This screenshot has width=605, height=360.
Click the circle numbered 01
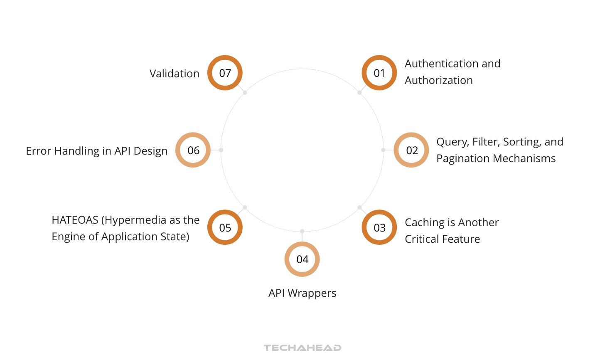(x=379, y=73)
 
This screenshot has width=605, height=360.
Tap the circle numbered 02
(x=411, y=150)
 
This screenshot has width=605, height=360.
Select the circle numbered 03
(x=379, y=227)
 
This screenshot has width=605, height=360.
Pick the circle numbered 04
(x=302, y=259)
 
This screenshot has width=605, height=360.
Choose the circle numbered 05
(x=225, y=227)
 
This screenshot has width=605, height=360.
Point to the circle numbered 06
(x=193, y=150)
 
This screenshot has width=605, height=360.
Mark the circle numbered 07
(x=225, y=73)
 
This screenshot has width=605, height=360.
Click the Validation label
(x=174, y=74)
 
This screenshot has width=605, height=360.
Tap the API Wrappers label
(x=302, y=293)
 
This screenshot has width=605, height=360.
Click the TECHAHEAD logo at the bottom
(x=302, y=348)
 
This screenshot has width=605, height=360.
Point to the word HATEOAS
(x=75, y=220)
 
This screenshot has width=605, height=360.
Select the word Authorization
(x=438, y=80)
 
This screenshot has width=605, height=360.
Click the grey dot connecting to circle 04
(x=302, y=231)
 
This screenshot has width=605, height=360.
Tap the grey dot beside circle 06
(x=221, y=150)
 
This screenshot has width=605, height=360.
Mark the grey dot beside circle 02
(x=383, y=150)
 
